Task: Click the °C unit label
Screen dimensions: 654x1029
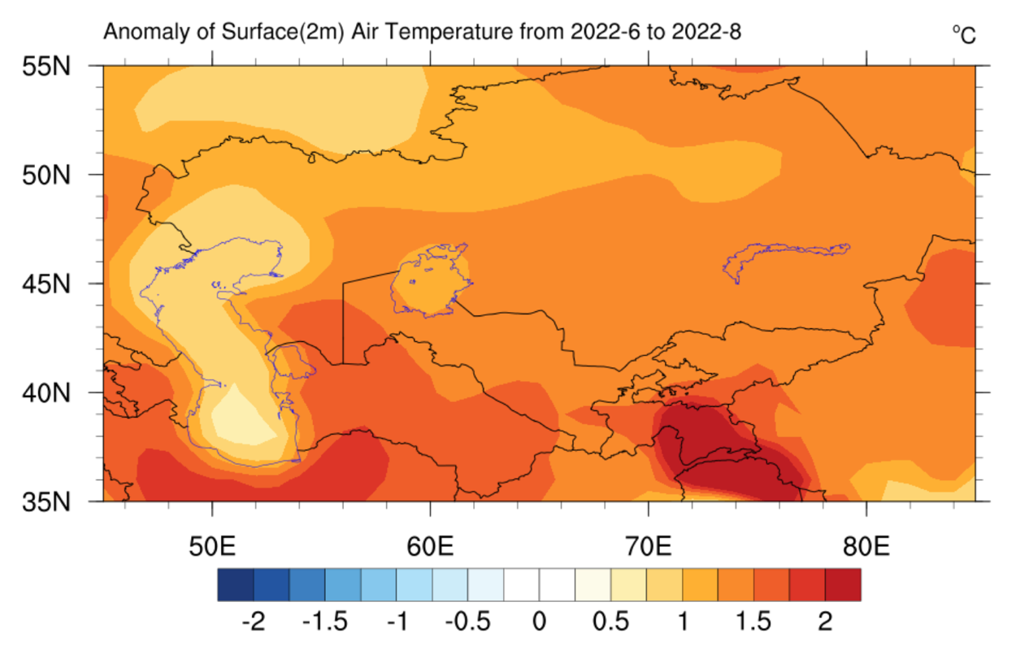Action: point(964,34)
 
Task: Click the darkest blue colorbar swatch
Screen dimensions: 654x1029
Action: point(236,584)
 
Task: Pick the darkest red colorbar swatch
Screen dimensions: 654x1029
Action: point(842,584)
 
